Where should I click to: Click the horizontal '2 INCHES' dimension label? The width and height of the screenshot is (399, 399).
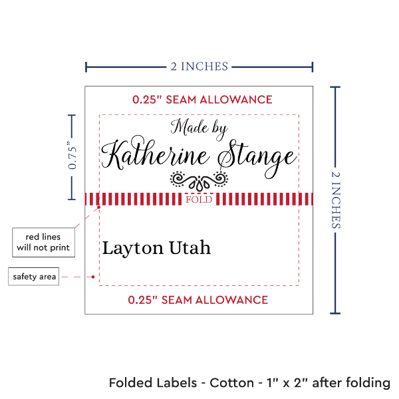[x=199, y=66]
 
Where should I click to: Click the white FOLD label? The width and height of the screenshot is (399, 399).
[x=199, y=199]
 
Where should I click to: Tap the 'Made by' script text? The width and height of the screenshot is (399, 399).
[x=199, y=128]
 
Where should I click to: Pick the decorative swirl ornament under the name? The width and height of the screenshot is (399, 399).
[x=199, y=179]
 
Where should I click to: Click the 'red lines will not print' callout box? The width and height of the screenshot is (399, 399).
[x=43, y=242]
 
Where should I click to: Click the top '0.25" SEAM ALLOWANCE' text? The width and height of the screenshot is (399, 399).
[x=202, y=100]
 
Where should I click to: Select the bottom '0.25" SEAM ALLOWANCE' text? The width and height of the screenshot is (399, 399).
[x=198, y=300]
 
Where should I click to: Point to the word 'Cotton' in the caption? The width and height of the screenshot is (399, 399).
[x=231, y=384]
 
